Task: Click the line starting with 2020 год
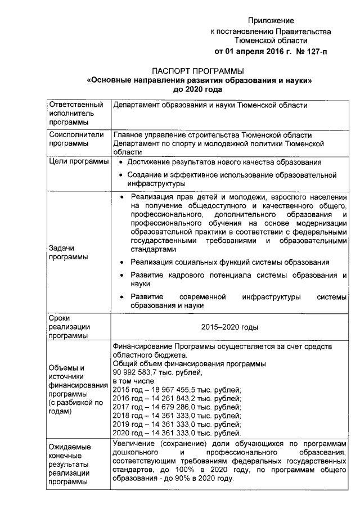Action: click(x=177, y=434)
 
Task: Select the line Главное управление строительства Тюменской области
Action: click(x=212, y=135)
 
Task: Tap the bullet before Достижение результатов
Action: click(x=121, y=163)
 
